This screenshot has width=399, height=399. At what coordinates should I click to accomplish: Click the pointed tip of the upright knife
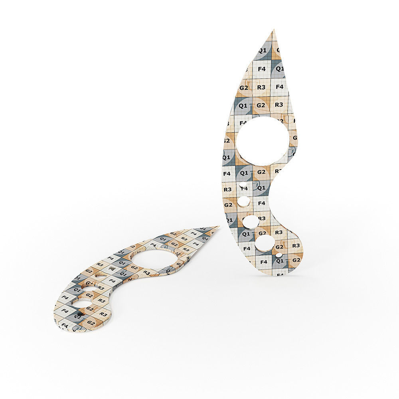point(274,30)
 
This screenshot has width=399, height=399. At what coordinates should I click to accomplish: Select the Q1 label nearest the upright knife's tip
point(262,51)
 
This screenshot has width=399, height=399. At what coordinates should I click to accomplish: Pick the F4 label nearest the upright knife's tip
point(262,69)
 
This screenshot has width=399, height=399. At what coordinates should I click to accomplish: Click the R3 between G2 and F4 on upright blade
point(261,87)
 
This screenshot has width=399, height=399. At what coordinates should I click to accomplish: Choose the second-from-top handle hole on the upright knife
point(243,202)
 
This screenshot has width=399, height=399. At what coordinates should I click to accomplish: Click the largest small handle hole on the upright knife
point(265,242)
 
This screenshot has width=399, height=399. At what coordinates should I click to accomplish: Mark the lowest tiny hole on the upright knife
point(279,255)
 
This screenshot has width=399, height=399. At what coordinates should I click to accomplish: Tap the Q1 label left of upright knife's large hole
point(226,157)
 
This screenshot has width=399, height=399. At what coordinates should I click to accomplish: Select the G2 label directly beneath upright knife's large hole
point(261,172)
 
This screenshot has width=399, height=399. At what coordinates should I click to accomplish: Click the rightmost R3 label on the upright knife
point(296,246)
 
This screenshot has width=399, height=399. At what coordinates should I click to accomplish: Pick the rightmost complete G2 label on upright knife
point(296,260)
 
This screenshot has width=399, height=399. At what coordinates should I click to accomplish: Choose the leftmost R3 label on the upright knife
point(227,190)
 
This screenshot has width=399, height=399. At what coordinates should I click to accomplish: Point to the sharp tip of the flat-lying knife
point(218,227)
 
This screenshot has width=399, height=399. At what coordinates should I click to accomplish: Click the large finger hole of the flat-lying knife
point(154,260)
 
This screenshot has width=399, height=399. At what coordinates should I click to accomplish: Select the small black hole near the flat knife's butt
point(79,314)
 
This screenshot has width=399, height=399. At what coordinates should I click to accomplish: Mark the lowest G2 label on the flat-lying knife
point(91,322)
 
